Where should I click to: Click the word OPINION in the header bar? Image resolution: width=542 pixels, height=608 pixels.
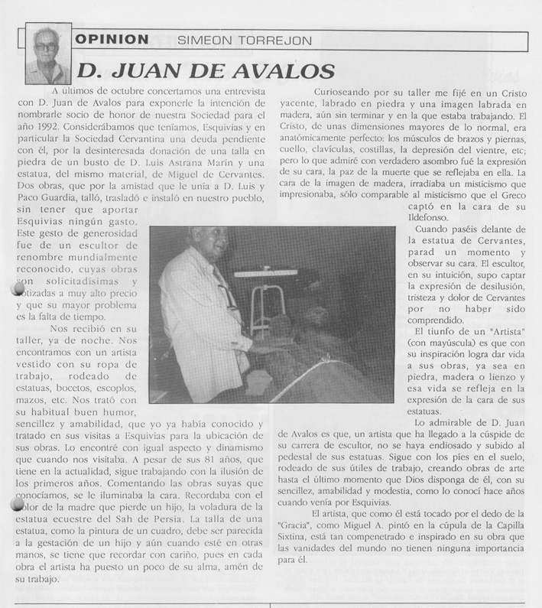click(x=112, y=38)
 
